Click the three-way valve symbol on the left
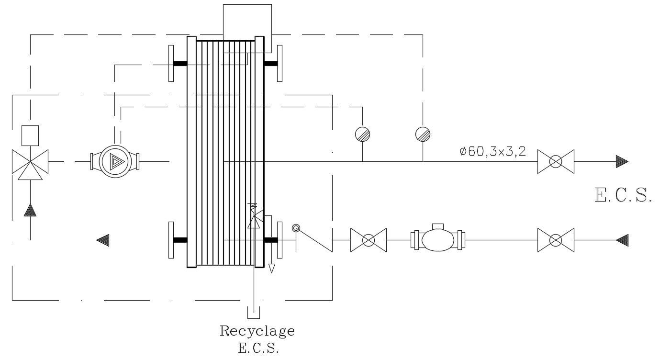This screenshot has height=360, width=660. [x=30, y=162]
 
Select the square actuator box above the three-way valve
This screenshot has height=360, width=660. [x=30, y=135]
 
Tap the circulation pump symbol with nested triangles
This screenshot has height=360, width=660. [x=114, y=161]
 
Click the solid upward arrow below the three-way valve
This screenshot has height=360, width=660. [x=30, y=210]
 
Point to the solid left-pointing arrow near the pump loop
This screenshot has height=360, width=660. [x=103, y=240]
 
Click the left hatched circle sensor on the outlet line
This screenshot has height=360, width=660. [x=363, y=134]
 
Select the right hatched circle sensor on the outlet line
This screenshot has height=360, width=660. [x=423, y=134]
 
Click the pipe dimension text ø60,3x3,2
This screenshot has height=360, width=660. [x=492, y=152]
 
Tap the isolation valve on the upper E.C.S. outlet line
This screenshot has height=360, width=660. [x=555, y=162]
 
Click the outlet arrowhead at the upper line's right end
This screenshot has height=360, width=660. [x=622, y=162]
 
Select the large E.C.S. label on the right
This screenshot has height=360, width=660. [x=623, y=195]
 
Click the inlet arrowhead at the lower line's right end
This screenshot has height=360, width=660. [x=622, y=240]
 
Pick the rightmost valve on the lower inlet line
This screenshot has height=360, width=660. [x=555, y=240]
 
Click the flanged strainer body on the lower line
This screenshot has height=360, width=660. [x=438, y=238]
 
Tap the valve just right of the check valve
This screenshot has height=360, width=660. [x=368, y=240]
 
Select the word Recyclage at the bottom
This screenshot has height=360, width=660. [x=257, y=331]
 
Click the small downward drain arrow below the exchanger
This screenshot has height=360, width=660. [x=272, y=268]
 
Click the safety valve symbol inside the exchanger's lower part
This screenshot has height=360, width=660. [x=254, y=216]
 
